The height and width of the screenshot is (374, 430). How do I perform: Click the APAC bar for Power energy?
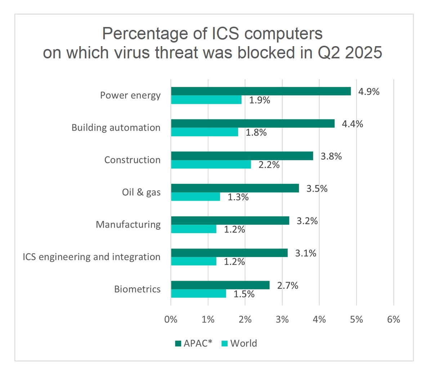261,91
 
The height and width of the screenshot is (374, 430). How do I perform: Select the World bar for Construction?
211,164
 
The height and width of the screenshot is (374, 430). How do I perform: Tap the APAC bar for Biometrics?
220,285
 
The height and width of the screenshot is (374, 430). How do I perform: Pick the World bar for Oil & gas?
195,197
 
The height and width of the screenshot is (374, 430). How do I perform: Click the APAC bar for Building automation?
252,124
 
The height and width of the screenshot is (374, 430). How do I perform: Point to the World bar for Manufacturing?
193,229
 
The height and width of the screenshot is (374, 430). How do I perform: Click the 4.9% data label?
368,92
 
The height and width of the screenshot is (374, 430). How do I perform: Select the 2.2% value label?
269,165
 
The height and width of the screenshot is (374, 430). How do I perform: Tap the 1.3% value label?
238,197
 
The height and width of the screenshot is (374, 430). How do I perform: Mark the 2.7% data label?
287,285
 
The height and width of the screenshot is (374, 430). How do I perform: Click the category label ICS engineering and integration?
91,257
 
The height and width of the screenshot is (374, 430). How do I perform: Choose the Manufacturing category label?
128,224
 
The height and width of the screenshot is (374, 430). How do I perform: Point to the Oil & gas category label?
141,192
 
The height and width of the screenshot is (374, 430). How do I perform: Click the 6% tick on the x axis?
394,319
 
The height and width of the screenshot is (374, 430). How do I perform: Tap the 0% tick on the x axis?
171,319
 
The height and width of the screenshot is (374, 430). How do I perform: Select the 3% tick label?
282,319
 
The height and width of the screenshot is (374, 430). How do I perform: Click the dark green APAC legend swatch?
178,343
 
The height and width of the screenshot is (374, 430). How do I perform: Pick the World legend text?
244,343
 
